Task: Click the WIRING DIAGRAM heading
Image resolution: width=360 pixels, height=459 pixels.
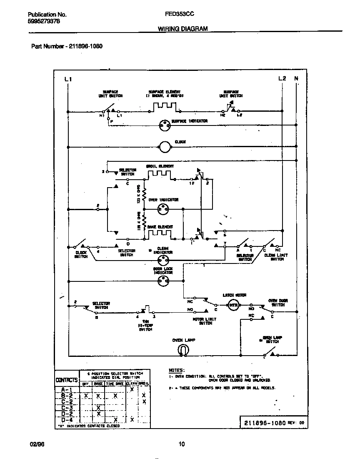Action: [182, 29]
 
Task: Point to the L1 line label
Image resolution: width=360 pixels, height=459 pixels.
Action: [68, 79]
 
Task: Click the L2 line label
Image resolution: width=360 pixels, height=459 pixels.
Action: [282, 78]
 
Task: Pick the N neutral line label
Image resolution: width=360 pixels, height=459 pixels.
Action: [296, 78]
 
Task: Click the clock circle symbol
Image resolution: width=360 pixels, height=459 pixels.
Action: [165, 146]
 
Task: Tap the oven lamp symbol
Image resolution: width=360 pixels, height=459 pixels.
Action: [182, 350]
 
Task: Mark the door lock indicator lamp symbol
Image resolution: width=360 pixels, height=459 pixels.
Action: [163, 282]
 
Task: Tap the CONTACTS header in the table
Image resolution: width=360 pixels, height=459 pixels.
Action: [67, 380]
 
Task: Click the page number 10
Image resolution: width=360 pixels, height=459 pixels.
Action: [181, 444]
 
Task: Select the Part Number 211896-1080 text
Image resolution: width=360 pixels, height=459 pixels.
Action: [67, 46]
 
